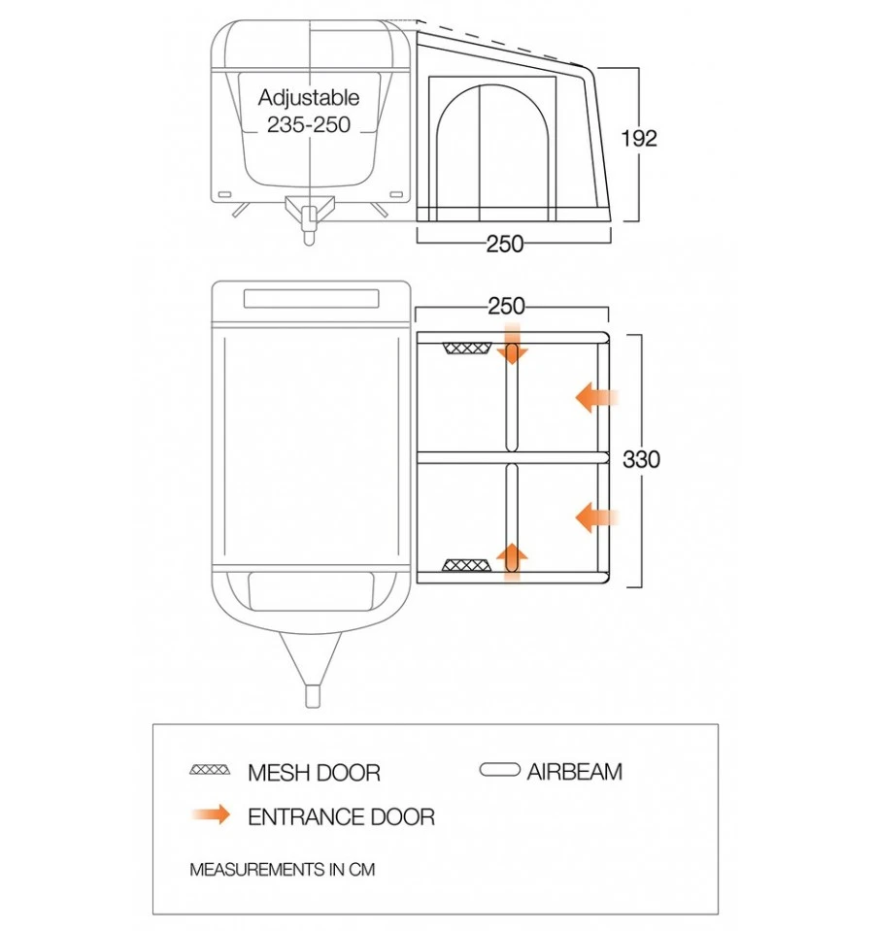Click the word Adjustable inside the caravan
coord(309,98)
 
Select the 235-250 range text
coord(309,125)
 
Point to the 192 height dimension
coord(638,139)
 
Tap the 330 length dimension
coord(640,459)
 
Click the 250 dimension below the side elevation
coord(505,245)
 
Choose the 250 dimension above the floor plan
coord(506,307)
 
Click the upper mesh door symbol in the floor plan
coord(464,349)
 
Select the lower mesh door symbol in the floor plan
coord(464,565)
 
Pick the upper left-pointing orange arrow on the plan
coord(595,397)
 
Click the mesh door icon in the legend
coord(210,770)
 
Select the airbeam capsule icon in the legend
coord(500,771)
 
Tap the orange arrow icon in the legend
coord(211,815)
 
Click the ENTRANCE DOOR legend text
coord(341,817)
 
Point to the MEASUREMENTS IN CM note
coord(282,870)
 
